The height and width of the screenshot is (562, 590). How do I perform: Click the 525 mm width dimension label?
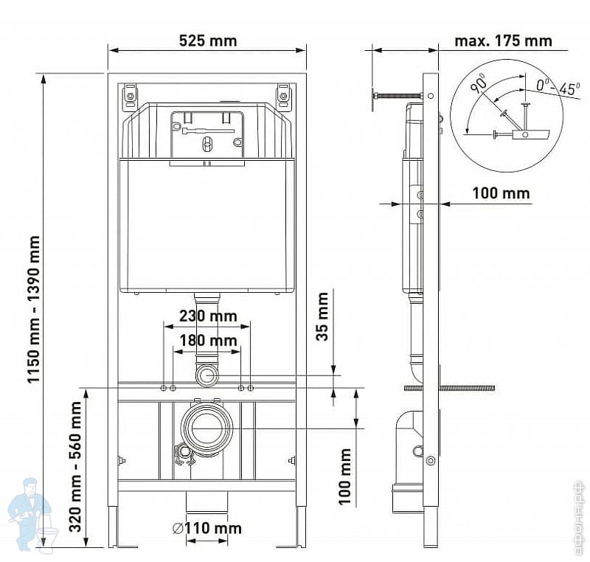[208, 41]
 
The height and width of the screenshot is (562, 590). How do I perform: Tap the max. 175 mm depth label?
[503, 41]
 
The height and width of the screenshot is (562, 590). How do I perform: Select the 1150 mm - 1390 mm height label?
[33, 309]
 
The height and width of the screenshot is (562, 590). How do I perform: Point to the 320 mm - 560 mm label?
[76, 467]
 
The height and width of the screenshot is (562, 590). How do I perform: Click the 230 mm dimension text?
[208, 316]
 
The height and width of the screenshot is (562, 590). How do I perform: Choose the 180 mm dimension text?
[208, 341]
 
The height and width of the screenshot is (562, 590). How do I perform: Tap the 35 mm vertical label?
[322, 316]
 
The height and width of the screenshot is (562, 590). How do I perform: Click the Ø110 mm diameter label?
[207, 529]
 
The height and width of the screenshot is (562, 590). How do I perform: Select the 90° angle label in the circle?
[479, 84]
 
